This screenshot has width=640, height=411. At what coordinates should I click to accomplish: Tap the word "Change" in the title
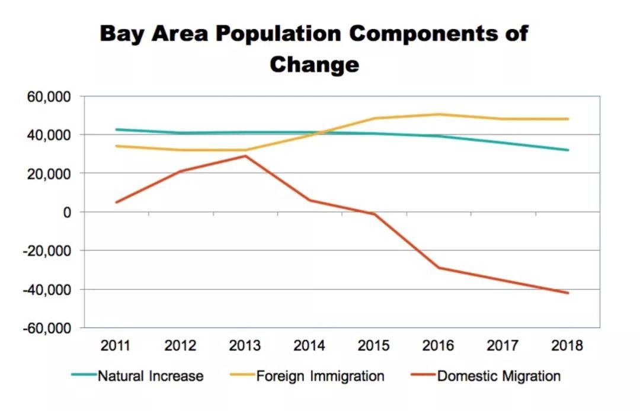(314, 64)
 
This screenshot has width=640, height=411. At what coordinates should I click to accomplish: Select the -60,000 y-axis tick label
(47, 328)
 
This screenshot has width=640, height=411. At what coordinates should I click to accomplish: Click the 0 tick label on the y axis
(68, 212)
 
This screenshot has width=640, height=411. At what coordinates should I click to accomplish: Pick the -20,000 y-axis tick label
(47, 251)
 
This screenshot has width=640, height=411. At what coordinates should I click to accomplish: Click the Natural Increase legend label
(151, 376)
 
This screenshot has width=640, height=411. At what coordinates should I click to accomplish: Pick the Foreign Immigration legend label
(320, 376)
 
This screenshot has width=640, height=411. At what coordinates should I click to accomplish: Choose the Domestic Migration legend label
(499, 376)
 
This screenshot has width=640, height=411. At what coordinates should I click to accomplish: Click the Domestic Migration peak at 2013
(245, 156)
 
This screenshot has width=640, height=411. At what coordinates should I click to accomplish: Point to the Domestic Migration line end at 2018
(568, 293)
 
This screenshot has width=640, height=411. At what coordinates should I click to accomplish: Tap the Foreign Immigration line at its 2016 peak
(439, 114)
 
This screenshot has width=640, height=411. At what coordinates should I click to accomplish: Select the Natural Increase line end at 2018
(568, 150)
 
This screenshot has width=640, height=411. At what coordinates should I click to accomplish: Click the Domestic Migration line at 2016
(439, 268)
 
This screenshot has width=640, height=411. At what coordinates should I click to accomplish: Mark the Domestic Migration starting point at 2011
(117, 202)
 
